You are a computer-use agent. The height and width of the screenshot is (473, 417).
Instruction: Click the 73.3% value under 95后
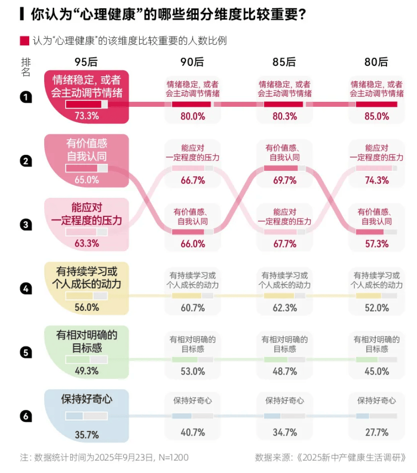tap(87, 116)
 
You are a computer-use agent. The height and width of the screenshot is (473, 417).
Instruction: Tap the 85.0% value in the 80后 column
tap(376, 116)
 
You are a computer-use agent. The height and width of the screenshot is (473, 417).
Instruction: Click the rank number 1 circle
tap(26, 97)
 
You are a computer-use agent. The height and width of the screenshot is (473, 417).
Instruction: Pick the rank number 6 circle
tap(26, 416)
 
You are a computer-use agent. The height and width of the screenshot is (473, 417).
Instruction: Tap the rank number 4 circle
tap(26, 289)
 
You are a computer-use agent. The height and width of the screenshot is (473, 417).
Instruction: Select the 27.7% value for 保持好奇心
tap(376, 432)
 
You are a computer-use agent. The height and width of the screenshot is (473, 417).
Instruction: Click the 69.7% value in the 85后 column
tap(284, 180)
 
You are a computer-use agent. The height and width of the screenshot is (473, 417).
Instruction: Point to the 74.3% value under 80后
tap(376, 180)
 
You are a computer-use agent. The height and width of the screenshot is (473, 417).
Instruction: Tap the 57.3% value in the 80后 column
tap(376, 243)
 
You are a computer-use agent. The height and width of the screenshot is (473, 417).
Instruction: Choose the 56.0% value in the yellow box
tap(87, 307)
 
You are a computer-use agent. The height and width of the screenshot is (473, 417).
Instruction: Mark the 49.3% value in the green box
tap(87, 371)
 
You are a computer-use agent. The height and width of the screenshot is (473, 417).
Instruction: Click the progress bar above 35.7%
tap(87, 416)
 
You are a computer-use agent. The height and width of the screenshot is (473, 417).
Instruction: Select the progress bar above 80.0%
tap(193, 105)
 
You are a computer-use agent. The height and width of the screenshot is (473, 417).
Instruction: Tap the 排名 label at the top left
tap(26, 67)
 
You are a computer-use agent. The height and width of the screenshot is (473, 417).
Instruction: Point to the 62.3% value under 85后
tap(284, 308)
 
